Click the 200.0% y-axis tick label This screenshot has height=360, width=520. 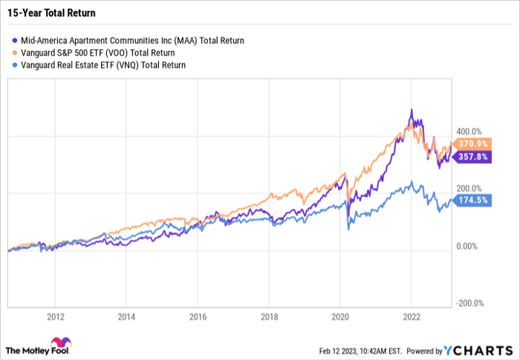pos(469,189)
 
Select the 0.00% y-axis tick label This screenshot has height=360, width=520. pos(467,246)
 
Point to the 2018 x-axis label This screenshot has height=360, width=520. pos(268,315)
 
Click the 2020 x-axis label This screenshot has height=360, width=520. pos(339,315)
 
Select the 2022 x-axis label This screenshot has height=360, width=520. pos(411,315)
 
